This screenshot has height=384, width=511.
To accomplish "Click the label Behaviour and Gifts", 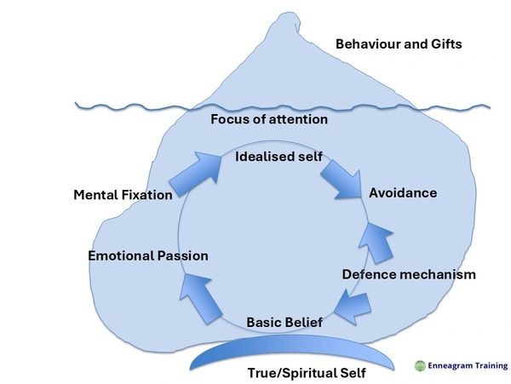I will click(399, 43).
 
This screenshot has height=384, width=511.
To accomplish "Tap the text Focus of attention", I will click(269, 119).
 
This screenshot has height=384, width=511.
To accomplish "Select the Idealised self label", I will click(273, 159).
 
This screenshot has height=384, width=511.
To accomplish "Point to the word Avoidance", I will click(403, 193).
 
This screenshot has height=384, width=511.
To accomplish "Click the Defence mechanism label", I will click(409, 274).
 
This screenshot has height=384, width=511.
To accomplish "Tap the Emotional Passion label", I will click(148, 255).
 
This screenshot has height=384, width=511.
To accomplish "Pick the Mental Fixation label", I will click(123, 195).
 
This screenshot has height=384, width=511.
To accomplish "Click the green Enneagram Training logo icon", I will click(419, 365).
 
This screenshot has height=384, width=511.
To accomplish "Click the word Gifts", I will click(443, 43).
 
